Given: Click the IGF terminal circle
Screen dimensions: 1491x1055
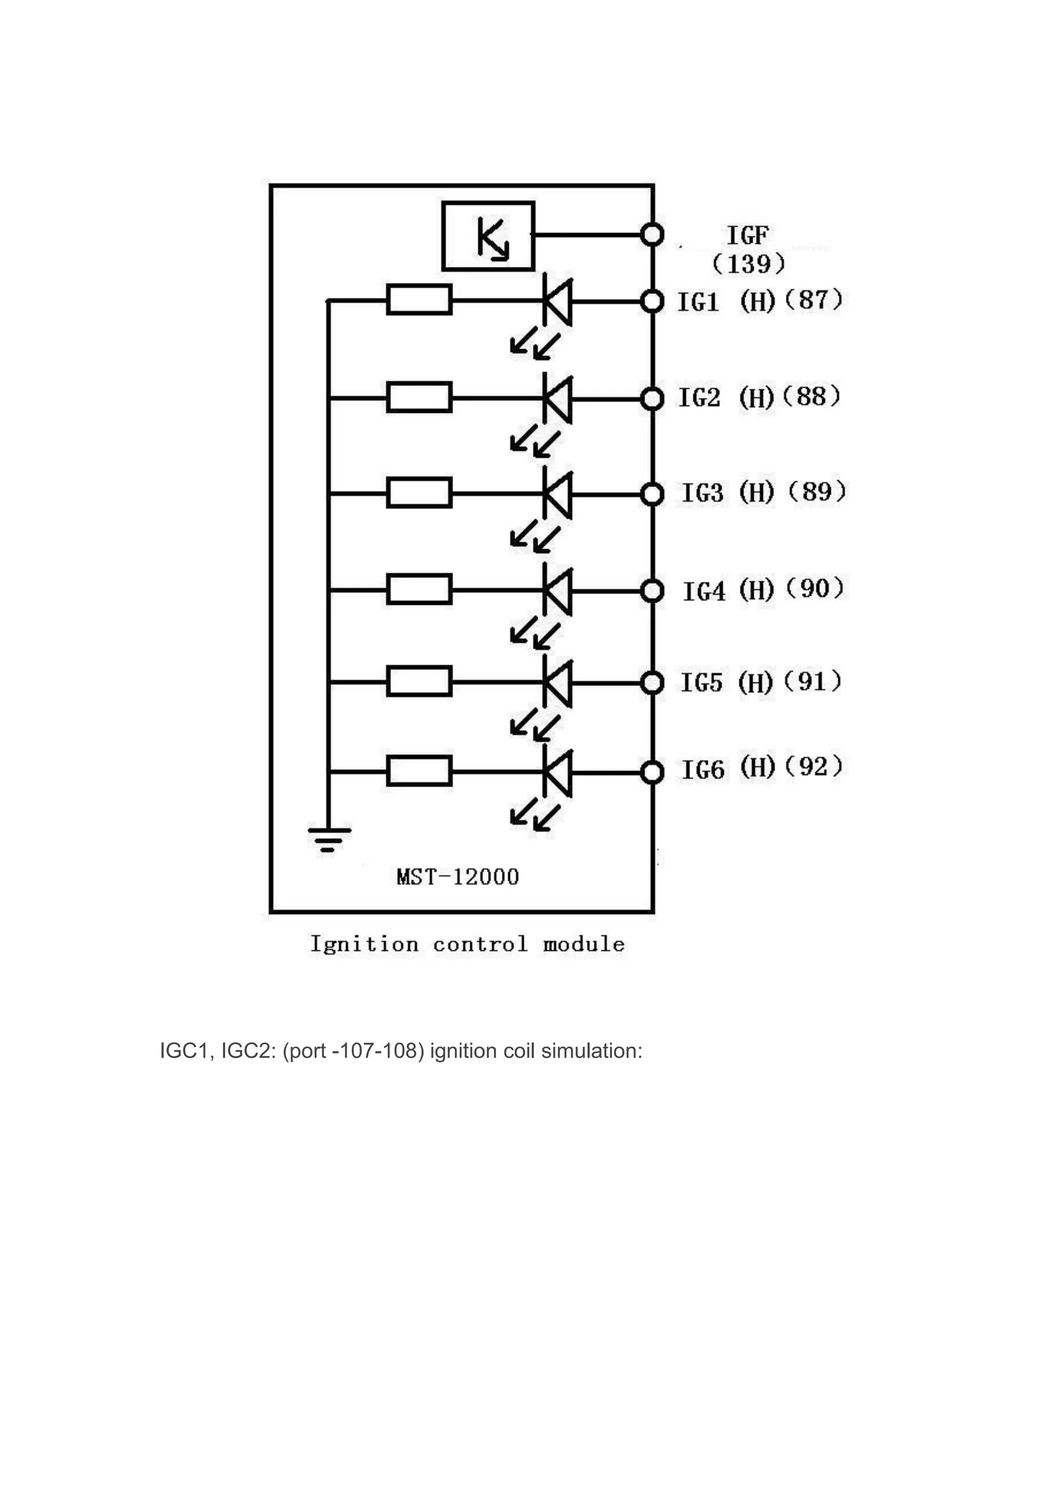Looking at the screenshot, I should tap(652, 234).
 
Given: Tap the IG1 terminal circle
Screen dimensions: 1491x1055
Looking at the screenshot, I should tap(652, 301).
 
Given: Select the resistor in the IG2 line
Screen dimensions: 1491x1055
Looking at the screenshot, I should tap(419, 397).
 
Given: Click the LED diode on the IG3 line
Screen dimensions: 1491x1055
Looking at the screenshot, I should tap(557, 494).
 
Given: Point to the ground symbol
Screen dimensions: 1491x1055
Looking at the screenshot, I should tap(329, 838).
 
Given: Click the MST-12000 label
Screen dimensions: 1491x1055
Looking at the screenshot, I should tap(457, 877).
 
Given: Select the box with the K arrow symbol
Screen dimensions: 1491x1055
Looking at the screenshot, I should tap(488, 236).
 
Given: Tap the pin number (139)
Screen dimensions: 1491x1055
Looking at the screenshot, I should tap(748, 264).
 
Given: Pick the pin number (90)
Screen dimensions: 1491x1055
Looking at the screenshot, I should tap(813, 588).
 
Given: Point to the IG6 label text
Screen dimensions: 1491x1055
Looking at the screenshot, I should tap(702, 770).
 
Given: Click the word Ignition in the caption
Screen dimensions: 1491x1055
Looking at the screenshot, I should tap(364, 944).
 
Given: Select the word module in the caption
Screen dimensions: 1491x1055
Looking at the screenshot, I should tap(583, 944).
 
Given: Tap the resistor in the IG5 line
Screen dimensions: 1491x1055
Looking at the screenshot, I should tap(419, 682).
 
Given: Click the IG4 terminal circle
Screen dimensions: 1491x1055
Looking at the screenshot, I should tap(652, 591).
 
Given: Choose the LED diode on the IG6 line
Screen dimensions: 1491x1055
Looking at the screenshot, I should tap(557, 773).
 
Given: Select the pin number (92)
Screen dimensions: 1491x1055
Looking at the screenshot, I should tap(813, 767).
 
